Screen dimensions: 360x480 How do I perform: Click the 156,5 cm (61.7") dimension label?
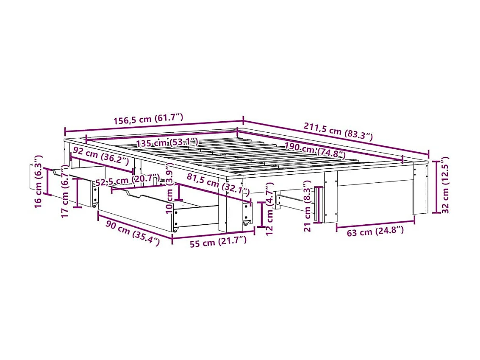click(148, 119)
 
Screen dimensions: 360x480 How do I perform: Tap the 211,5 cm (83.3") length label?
click(338, 131)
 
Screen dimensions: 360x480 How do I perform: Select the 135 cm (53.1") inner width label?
click(168, 142)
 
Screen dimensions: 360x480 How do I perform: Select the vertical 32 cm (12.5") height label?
click(444, 185)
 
